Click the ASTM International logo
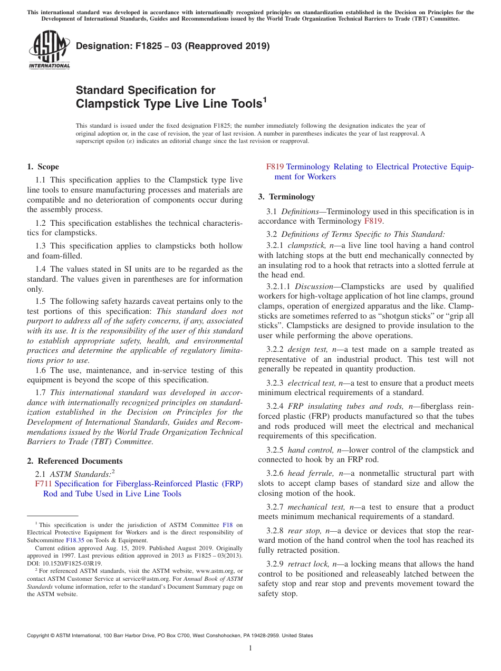coord(49,50)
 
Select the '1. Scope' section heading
coord(43,167)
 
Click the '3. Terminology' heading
coord(286,197)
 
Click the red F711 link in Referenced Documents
coord(44,484)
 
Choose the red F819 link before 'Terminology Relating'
coord(275,167)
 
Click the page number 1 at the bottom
coord(250,648)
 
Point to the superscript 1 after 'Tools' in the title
coord(264,99)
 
